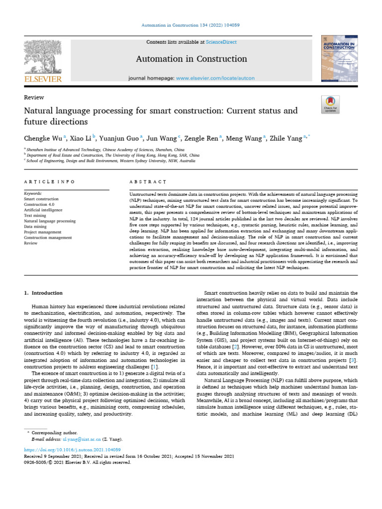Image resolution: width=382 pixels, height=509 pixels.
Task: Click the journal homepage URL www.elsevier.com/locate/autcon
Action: click(x=215, y=79)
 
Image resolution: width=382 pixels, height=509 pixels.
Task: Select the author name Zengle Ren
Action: click(x=201, y=139)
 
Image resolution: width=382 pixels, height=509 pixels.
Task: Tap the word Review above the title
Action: click(x=34, y=97)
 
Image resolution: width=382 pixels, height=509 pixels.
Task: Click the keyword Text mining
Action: click(x=36, y=216)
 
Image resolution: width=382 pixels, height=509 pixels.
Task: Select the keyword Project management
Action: click(x=43, y=232)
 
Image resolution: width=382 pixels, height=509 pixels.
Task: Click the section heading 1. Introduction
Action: click(x=44, y=293)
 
